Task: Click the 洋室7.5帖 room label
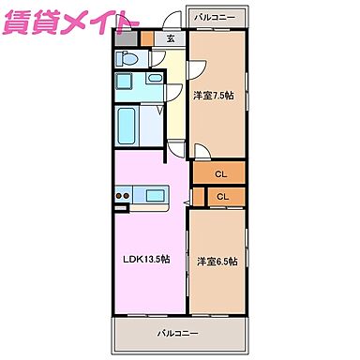click(x=215, y=95)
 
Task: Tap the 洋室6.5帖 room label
click(x=217, y=261)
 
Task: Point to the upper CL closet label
click(x=220, y=173)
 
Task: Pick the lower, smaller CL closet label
click(x=222, y=196)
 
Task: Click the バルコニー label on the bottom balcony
click(x=176, y=333)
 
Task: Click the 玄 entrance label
click(x=171, y=38)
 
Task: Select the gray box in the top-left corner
click(x=126, y=37)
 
